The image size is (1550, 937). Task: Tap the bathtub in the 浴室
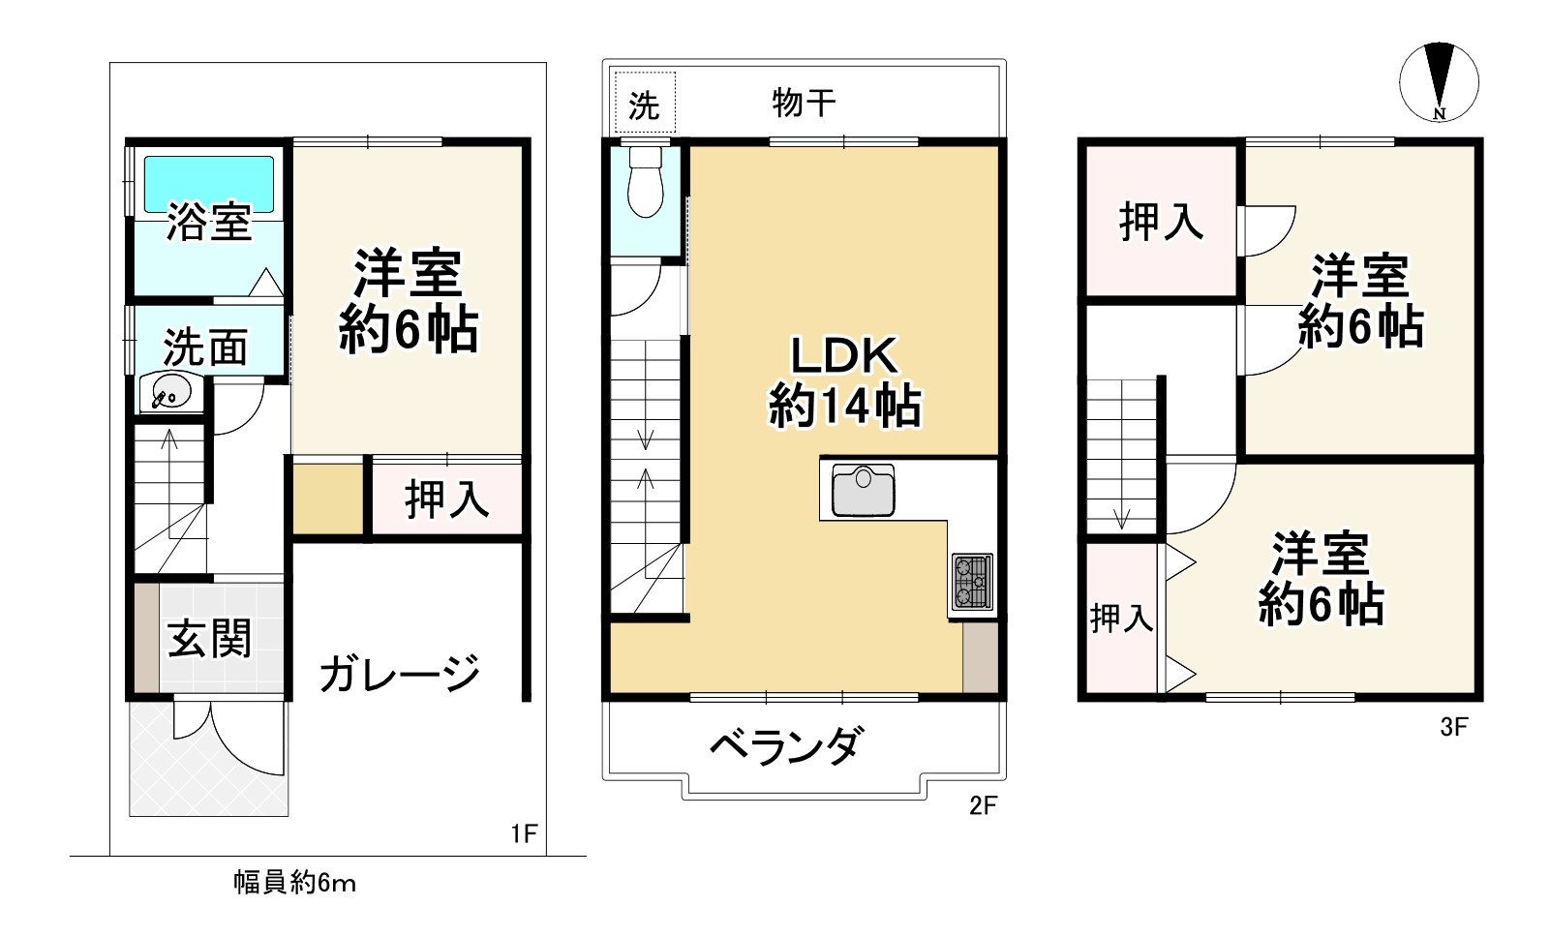[x=209, y=184]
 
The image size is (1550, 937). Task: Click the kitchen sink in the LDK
[x=863, y=491]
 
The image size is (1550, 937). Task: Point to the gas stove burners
[x=972, y=581]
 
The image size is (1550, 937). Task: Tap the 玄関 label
[x=209, y=639]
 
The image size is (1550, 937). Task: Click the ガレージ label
[x=400, y=673]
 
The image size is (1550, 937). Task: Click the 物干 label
[x=804, y=102]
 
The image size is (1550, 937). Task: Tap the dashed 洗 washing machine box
[x=645, y=104]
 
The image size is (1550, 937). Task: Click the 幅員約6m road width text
[x=294, y=883]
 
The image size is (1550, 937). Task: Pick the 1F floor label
[x=523, y=833]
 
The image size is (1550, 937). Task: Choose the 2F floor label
[x=983, y=805]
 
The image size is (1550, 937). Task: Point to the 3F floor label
[x=1454, y=727]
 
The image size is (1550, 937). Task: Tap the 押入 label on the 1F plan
[x=446, y=499]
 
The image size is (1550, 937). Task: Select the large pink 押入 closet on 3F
[x=1161, y=221]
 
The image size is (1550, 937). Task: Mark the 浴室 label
[x=209, y=224]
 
